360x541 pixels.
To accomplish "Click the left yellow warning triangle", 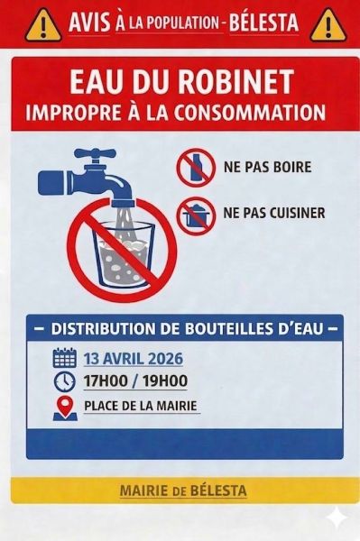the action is click(42, 25).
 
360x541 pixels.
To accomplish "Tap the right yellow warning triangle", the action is click(328, 25).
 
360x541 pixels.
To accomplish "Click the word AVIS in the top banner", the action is click(89, 23).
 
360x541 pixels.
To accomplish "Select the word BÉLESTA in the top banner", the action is click(264, 23).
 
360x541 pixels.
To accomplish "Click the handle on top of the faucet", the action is click(95, 152).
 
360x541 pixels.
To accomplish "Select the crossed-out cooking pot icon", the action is click(196, 216).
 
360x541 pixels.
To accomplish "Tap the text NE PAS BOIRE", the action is click(267, 167).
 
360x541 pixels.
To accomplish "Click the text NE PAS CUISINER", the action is click(274, 213).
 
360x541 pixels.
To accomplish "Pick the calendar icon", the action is click(65, 358).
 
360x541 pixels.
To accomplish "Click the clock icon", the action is click(65, 381).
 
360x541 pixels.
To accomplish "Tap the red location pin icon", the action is click(65, 408).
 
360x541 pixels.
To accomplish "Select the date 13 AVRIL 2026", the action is click(134, 359).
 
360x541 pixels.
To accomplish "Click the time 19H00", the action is click(165, 381).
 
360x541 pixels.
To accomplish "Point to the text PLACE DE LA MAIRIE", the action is click(141, 406).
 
